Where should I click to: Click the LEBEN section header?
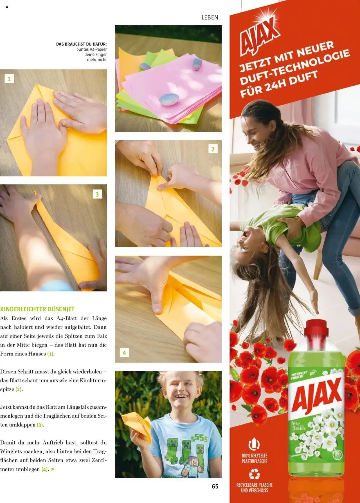(x=210, y=17)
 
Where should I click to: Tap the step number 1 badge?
(x=9, y=79)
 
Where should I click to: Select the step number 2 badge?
(x=213, y=149)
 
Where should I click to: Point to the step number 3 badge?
(x=97, y=194)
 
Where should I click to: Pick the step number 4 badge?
(x=124, y=353)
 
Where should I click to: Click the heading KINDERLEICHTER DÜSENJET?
(x=37, y=309)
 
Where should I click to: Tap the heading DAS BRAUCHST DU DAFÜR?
(x=81, y=44)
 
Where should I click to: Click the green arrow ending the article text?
(x=53, y=469)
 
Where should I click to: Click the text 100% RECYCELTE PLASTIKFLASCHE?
(x=254, y=458)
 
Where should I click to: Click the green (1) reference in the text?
(x=50, y=354)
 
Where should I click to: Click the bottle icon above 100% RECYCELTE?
(x=254, y=444)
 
